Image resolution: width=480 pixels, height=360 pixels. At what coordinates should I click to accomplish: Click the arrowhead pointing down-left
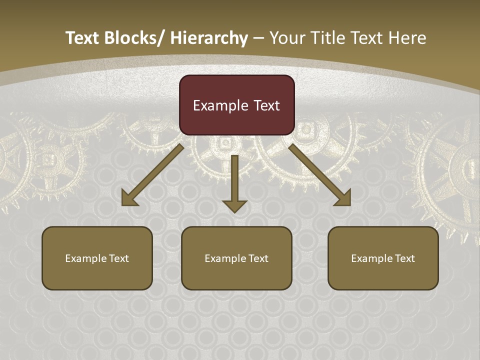pos(128,199)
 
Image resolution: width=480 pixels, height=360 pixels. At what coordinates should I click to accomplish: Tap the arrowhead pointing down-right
pos(343,198)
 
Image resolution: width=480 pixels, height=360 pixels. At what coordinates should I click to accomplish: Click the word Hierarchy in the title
pos(209,38)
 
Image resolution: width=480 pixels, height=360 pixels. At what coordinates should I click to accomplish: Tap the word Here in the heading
pos(408,38)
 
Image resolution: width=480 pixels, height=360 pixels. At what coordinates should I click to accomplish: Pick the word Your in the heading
pos(286,38)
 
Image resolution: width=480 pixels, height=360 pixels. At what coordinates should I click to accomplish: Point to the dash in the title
pos(258,38)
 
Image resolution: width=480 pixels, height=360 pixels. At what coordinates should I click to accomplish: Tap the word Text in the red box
pos(266,105)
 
